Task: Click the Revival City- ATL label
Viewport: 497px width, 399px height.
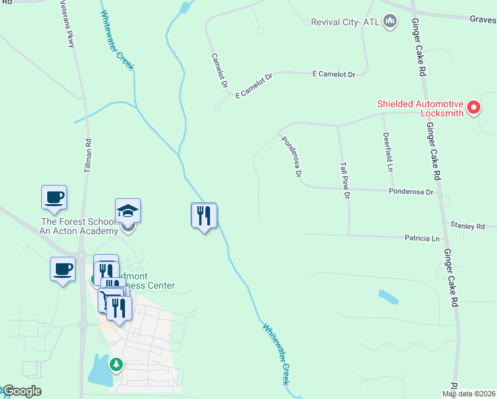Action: pos(346,22)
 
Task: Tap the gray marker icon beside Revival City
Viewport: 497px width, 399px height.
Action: pos(391,22)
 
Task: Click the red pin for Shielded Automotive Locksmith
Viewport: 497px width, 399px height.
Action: pos(474,106)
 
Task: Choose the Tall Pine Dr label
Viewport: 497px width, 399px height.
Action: pos(345,180)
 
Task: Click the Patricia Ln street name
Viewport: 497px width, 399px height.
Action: pos(423,238)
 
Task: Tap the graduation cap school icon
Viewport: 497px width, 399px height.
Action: pos(128,211)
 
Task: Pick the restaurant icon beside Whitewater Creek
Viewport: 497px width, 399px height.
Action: pos(204,215)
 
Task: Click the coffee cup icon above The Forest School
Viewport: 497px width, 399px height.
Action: pos(54,197)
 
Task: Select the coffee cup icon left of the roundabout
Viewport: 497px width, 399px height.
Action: pos(62,269)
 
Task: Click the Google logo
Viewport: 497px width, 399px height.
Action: pos(22,391)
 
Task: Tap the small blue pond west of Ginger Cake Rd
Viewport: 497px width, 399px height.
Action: pos(389,297)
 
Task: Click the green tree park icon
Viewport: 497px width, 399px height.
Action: pos(116,364)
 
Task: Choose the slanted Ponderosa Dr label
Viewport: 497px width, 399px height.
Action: pos(292,157)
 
